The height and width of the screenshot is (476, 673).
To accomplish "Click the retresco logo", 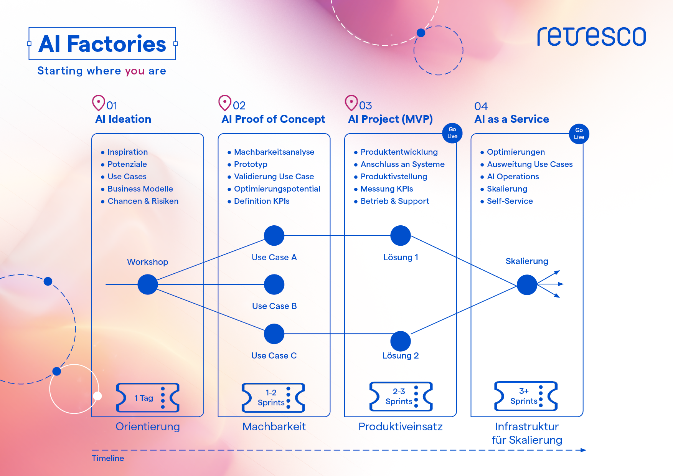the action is pos(591,36).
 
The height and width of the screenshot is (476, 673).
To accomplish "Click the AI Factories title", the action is pos(102,44).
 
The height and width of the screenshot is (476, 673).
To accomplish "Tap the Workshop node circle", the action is pos(148,284).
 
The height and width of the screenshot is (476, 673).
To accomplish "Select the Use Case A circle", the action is pos(274,235).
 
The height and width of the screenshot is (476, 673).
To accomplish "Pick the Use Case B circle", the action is pos(274,284).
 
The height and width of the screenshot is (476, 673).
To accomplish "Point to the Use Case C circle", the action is pos(274,334).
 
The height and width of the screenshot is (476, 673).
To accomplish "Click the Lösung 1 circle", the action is pos(401,235).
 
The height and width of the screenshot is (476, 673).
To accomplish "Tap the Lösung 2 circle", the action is pos(401,341).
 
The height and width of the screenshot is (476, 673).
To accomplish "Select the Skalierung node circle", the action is pos(527,285).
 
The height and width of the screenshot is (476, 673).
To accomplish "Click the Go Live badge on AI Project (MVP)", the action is pos(452,133).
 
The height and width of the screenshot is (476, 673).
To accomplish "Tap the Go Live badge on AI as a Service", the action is pos(579,134).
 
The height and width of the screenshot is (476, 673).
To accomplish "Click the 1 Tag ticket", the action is pos(148,398).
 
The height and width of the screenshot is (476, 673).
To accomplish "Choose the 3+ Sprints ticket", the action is pos(526,396).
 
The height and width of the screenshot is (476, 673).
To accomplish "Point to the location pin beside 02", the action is pos(225,103).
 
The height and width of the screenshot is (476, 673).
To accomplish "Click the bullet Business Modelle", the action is pos(137,189).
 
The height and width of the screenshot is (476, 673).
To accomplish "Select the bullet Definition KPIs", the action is pos(259,201).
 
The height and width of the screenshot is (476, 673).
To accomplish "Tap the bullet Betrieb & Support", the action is pos(391,201).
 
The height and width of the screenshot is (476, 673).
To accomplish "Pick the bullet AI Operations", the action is pos(510,177).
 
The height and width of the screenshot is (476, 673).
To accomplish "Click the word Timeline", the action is pos(108,458).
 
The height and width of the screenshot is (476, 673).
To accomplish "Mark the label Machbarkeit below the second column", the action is pos(274,426).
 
